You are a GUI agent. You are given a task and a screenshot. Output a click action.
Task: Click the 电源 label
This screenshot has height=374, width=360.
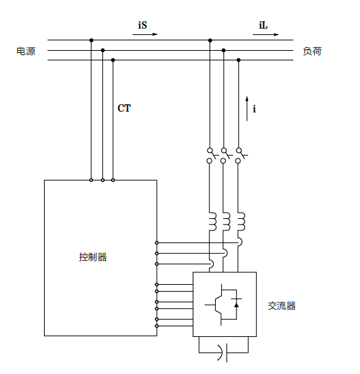26,51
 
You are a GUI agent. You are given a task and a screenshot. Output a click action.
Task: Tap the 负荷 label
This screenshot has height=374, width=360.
312,51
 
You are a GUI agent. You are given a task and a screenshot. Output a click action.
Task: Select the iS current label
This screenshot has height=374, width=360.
142,25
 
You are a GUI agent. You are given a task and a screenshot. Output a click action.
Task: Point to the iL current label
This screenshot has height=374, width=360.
263,25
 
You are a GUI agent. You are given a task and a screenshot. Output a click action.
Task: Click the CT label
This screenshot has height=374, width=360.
124,108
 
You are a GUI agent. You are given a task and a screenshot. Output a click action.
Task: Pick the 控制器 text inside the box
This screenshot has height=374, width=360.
93,257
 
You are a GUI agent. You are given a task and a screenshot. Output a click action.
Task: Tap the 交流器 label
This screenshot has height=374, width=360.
282,306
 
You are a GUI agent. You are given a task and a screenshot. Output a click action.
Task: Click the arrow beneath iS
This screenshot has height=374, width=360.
145,34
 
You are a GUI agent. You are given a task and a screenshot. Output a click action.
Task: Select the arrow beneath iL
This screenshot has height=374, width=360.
266,34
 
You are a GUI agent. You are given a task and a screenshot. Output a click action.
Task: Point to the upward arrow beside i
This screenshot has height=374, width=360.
247,108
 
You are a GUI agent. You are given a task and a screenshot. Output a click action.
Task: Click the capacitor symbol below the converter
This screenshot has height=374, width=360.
224,353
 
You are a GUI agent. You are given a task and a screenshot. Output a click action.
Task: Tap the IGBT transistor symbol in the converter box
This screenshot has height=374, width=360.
218,305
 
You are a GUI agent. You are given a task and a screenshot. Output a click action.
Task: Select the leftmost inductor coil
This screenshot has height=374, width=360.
213,222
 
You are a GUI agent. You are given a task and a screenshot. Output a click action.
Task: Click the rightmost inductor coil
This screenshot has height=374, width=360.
241,222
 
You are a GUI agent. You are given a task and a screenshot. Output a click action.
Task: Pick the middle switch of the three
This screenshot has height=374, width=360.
226,156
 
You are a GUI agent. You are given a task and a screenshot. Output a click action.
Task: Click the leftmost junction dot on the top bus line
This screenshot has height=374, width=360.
91,40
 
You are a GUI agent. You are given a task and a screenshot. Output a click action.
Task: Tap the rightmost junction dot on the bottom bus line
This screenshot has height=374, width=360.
238,60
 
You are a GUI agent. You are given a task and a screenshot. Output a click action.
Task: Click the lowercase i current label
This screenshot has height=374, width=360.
254,108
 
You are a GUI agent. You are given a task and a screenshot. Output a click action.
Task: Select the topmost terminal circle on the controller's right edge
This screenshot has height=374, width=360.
157,243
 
